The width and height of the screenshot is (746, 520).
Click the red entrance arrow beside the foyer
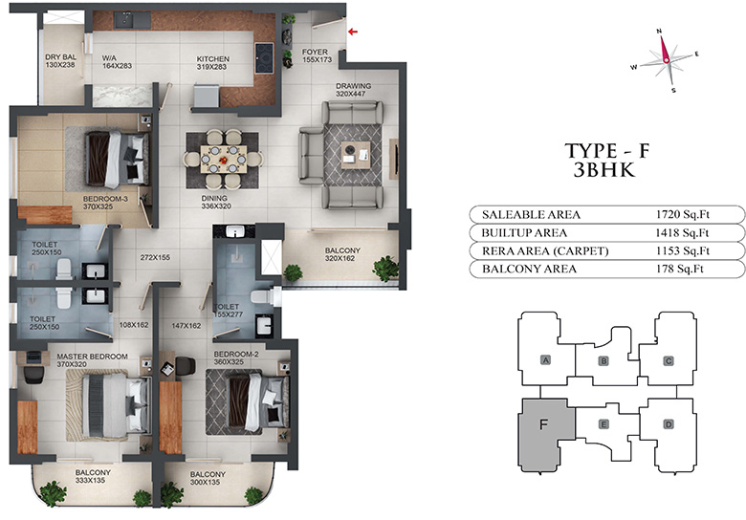tap(353, 32)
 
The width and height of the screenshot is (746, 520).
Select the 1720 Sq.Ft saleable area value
tap(683, 214)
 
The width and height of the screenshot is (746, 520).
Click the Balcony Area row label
tap(529, 269)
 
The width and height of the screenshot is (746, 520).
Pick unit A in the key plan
tap(546, 360)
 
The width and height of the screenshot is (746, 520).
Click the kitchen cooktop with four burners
tap(264, 58)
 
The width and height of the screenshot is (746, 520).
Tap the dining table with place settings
tap(223, 160)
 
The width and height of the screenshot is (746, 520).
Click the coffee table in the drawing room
tap(356, 155)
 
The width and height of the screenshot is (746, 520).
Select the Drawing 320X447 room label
tap(353, 90)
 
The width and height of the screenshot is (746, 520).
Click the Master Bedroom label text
tap(93, 357)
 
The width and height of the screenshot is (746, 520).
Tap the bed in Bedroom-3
tap(117, 159)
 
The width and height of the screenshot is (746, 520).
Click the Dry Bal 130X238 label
tap(60, 61)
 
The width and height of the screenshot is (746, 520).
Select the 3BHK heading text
tap(604, 170)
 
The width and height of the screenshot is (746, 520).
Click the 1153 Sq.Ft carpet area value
tap(683, 251)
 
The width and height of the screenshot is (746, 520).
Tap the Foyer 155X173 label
tap(317, 55)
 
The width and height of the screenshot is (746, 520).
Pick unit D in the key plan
tap(669, 424)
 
